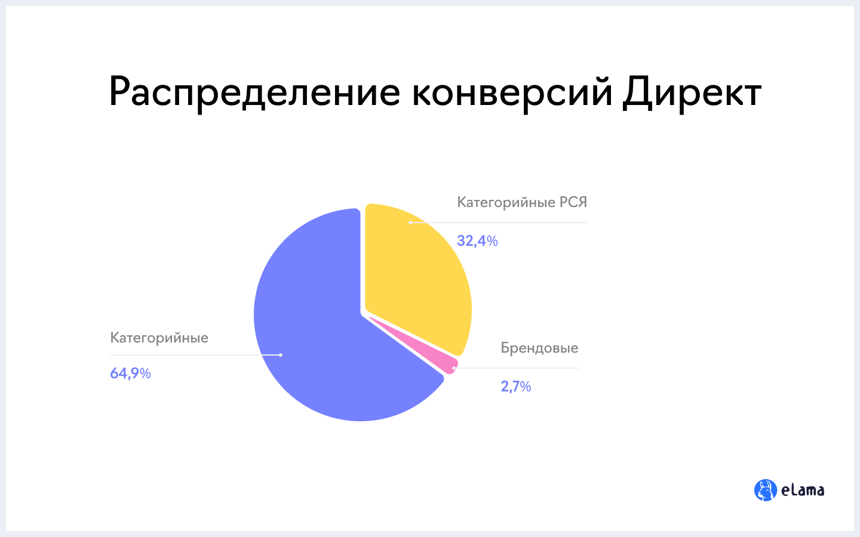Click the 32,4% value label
[x=477, y=241]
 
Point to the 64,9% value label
[x=130, y=374]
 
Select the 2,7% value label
[x=515, y=386]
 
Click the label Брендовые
[x=539, y=348]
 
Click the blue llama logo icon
[x=765, y=490]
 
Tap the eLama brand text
[x=803, y=490]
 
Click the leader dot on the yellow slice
[x=410, y=223]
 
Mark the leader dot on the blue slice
[x=281, y=355]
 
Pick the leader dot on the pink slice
[x=454, y=368]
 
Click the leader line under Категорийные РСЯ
[x=499, y=223]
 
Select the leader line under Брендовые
[x=517, y=368]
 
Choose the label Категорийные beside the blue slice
[x=159, y=338]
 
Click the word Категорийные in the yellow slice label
[x=506, y=203]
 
